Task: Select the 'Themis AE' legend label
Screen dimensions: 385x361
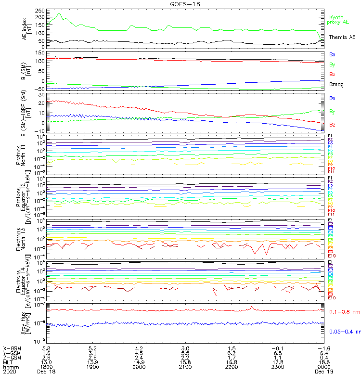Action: tap(342, 37)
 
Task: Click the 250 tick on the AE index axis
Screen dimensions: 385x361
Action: tap(40, 10)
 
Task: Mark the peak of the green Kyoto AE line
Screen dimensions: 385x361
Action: tap(60, 13)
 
